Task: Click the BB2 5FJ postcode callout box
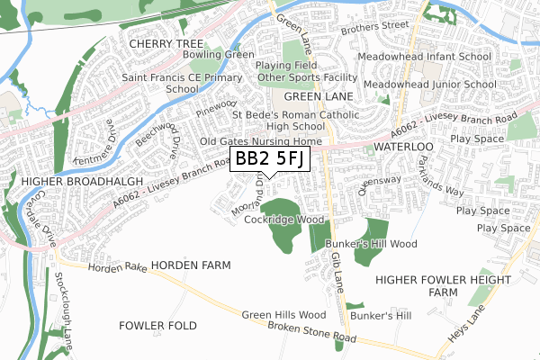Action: (270, 159)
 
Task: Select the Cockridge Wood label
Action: (284, 219)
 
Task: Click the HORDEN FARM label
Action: (191, 265)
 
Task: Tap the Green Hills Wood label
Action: (283, 315)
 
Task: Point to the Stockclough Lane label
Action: (64, 305)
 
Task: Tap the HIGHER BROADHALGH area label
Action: (67, 181)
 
